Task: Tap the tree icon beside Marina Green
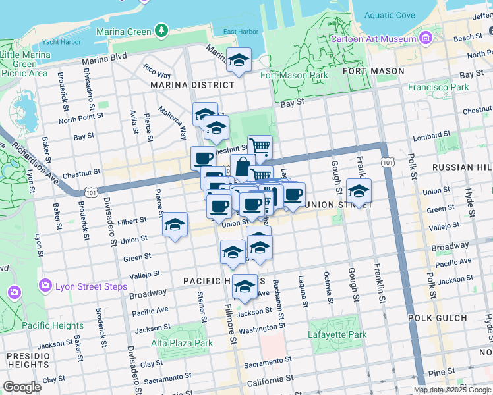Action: click(161, 30)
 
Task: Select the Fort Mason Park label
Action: click(294, 75)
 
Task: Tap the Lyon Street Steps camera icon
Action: click(45, 286)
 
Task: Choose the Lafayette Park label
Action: click(337, 334)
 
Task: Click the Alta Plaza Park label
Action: click(183, 343)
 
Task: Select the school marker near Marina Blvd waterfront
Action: click(239, 61)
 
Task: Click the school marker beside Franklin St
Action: click(359, 191)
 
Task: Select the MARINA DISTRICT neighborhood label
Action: click(192, 85)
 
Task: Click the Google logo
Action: click(22, 387)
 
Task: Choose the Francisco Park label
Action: click(438, 87)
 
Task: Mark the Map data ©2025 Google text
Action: click(453, 389)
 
